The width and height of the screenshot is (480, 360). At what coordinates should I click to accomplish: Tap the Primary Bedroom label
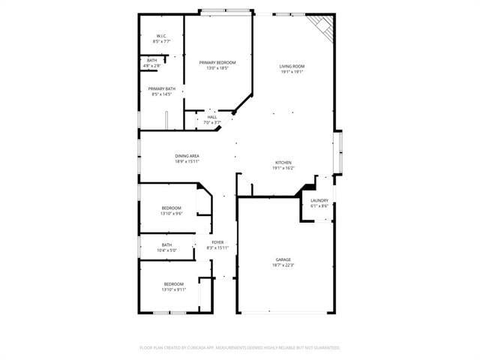pos(217,62)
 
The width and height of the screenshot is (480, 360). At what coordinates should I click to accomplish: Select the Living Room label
pos(292,66)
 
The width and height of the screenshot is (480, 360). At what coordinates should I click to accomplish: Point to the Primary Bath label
pos(161,88)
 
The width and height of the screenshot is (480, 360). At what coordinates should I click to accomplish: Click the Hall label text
pos(212,117)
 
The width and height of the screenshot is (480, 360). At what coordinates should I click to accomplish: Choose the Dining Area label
pos(187,155)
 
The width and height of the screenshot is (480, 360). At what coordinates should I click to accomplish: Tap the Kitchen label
pos(283,163)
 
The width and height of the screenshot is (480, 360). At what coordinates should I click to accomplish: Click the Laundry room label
pos(319,200)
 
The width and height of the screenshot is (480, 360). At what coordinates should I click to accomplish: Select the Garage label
pos(283,259)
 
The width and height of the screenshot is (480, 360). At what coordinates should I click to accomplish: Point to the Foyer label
pos(217,242)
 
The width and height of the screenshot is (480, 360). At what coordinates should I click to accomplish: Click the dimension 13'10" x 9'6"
pos(172,214)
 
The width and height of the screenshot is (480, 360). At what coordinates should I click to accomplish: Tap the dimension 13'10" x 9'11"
pos(174,289)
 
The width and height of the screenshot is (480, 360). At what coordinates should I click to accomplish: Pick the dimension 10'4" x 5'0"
pos(166,250)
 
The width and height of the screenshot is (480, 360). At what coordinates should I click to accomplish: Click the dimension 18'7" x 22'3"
pos(283,265)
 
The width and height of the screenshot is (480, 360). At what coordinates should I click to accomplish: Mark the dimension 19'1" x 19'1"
pos(292,72)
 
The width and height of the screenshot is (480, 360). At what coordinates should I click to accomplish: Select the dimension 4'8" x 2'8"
pos(152,66)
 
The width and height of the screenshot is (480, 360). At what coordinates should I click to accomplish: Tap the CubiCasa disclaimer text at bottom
pos(240,348)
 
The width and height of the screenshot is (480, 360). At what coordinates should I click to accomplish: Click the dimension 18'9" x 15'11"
pos(187,161)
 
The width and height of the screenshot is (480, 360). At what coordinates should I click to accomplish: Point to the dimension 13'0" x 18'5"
pos(217,68)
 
